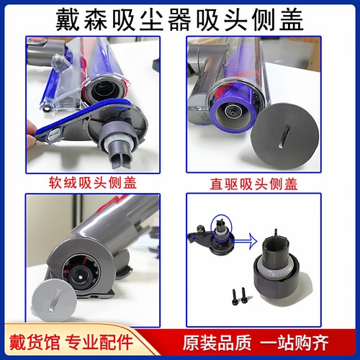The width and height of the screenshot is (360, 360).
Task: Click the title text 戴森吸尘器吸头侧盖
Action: click(180, 17)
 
